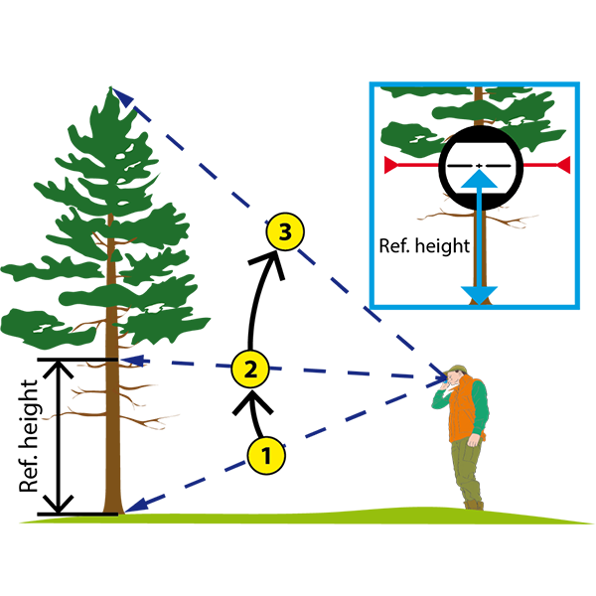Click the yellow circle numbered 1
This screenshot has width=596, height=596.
coord(266,455)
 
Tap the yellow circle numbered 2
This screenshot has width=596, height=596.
coord(250,369)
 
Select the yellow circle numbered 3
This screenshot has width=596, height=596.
coord(285,231)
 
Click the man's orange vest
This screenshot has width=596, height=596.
coord(465,408)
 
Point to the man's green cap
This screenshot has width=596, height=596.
coord(457,369)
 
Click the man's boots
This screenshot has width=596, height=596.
coord(474,505)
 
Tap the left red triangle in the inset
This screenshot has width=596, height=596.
coord(390,165)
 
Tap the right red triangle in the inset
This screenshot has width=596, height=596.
coord(563,165)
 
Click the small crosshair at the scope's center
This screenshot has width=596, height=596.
coord(480,166)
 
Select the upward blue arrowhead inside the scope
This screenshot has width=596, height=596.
coord(479,180)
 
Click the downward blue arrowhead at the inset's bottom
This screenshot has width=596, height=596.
coord(479,295)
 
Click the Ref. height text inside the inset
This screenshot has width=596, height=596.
coord(424,246)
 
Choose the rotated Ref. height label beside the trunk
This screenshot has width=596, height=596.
coord(29,436)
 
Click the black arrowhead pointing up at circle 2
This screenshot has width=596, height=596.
coord(252,401)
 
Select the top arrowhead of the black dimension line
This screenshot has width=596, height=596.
coord(58,369)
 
